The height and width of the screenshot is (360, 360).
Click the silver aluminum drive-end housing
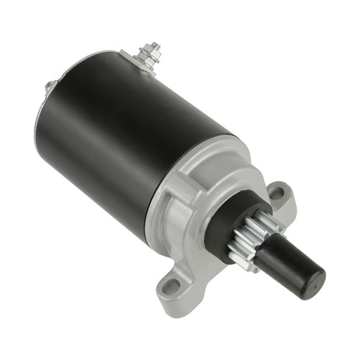[x=191, y=209]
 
